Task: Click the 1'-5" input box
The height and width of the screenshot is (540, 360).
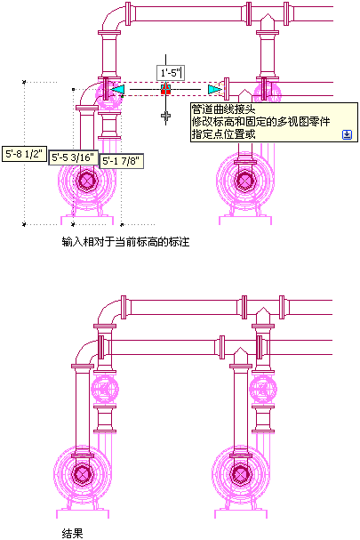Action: (x=171, y=73)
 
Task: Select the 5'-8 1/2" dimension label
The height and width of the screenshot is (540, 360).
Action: (x=24, y=154)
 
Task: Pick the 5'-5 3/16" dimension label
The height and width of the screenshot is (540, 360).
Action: (x=73, y=157)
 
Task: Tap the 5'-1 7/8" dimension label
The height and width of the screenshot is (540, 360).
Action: (x=122, y=161)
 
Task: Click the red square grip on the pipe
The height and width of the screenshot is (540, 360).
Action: (x=165, y=89)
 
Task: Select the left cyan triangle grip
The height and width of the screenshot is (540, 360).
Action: (x=117, y=89)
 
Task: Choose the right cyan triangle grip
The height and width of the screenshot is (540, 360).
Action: (x=214, y=90)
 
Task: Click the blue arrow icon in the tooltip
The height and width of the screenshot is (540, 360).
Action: (x=347, y=134)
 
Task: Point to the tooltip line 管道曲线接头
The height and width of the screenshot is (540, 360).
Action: (x=224, y=109)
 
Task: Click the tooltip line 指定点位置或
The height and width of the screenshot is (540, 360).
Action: (x=224, y=134)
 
